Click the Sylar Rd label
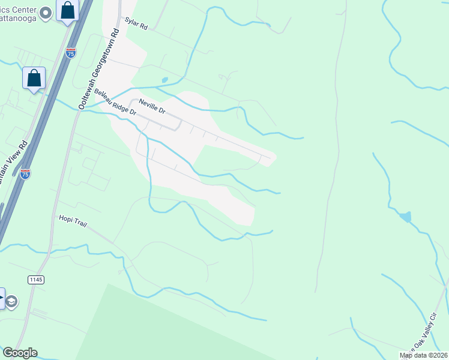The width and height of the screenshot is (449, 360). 136,23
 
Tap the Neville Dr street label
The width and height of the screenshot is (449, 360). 151,107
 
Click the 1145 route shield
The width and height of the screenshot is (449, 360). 36,280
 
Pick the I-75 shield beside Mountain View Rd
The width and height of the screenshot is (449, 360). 25,174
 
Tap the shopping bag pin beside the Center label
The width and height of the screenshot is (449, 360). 68,11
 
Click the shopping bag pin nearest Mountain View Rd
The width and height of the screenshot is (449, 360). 34,79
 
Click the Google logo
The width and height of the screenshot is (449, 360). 20,353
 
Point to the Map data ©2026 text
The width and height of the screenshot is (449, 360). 423,355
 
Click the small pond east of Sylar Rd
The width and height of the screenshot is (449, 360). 164,80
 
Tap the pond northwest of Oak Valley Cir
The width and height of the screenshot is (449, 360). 406,217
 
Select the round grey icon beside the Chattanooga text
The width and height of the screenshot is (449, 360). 45,13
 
